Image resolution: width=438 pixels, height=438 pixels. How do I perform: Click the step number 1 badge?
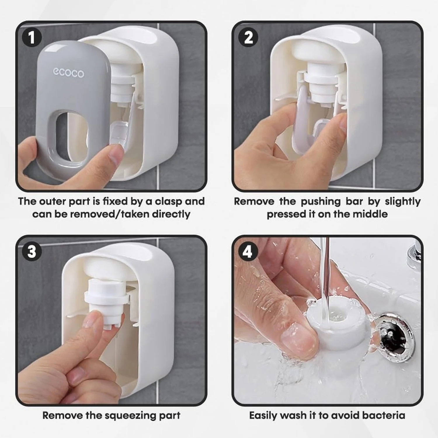pyautogui.click(x=32, y=38)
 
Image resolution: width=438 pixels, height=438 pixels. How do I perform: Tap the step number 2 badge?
pyautogui.click(x=248, y=38)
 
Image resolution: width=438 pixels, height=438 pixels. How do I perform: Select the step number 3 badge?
pyautogui.click(x=32, y=251)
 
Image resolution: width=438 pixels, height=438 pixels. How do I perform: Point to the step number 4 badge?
pyautogui.click(x=248, y=251)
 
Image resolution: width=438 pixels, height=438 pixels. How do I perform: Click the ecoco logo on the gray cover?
pyautogui.click(x=68, y=73)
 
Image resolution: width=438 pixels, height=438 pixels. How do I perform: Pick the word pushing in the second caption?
pyautogui.click(x=321, y=202)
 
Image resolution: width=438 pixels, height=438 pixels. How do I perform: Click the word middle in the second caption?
pyautogui.click(x=371, y=214)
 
